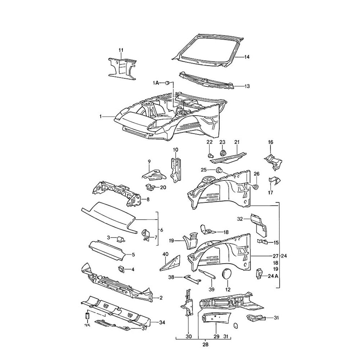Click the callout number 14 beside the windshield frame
247,57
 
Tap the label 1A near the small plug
156,83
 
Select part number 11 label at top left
121,50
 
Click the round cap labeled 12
227,274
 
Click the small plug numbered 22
210,156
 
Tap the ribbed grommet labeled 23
222,153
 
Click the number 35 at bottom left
87,326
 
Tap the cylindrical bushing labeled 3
121,238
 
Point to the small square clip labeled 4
121,269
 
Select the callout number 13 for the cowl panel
247,86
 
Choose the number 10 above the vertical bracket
175,150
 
